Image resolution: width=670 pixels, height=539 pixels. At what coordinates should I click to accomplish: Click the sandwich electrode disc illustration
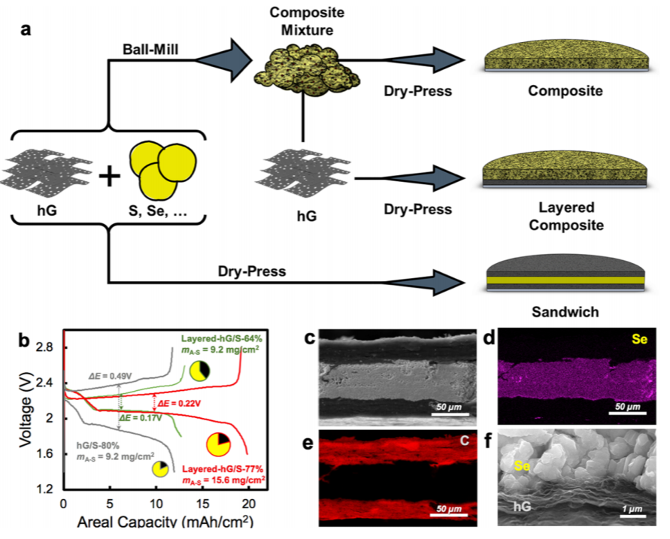pos(564,275)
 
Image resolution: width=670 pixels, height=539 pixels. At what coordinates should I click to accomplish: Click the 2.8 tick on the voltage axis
pos(44,347)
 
